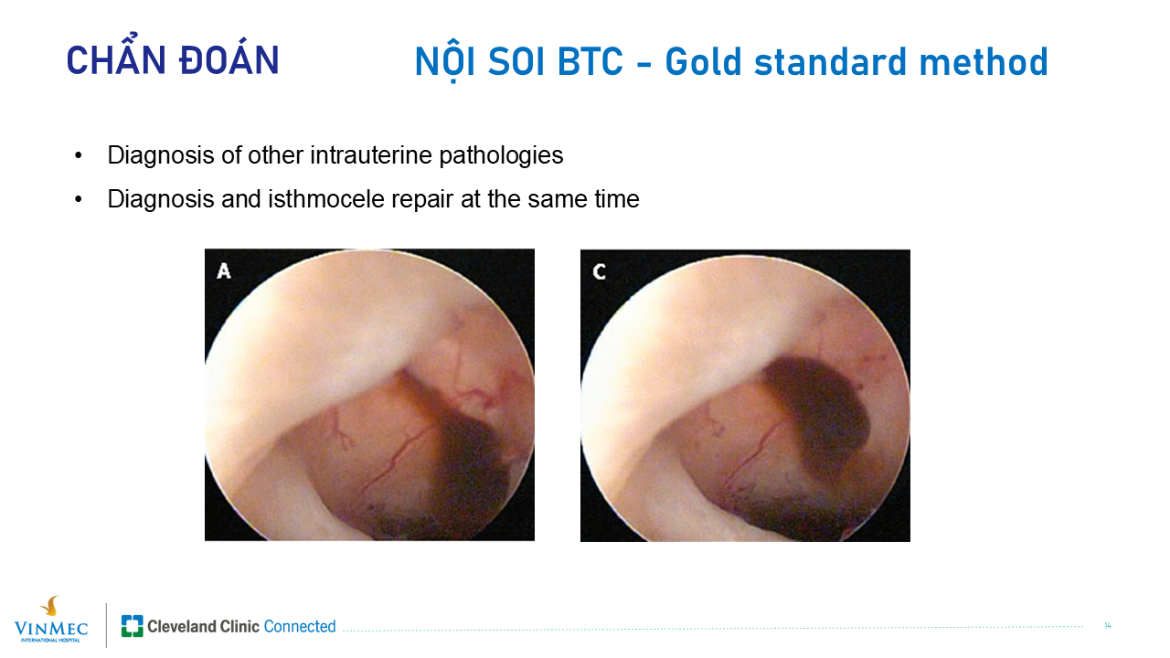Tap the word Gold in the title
[703, 61]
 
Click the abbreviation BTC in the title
[590, 61]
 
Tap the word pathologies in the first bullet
[501, 156]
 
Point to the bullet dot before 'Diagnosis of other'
[79, 155]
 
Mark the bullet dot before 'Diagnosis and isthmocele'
[79, 199]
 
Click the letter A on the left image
[224, 271]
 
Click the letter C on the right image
[599, 271]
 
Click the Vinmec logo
[51, 620]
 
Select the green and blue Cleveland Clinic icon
[133, 626]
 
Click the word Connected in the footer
[300, 626]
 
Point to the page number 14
[1107, 626]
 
